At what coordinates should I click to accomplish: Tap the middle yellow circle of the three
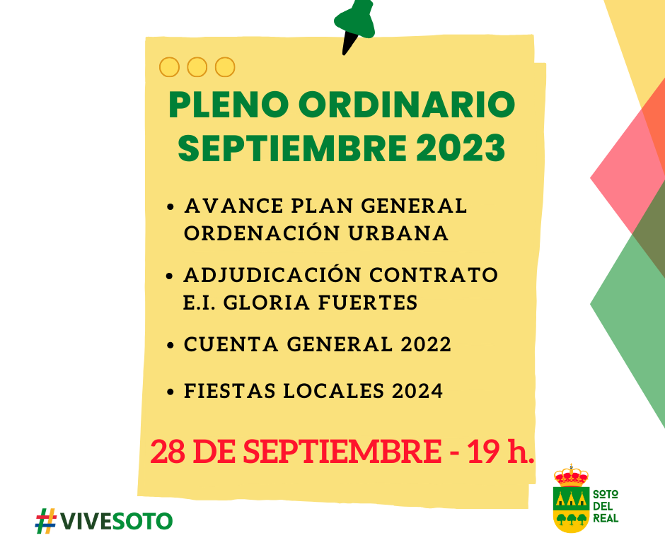click(x=197, y=67)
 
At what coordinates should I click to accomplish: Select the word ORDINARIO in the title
click(x=407, y=105)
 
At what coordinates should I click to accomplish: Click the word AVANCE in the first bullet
click(x=233, y=206)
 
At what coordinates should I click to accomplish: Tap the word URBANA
click(x=398, y=233)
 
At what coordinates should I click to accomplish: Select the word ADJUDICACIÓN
click(x=272, y=275)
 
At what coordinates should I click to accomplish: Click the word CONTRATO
click(x=434, y=275)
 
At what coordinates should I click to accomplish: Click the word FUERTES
click(x=368, y=303)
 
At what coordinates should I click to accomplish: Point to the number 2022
click(x=426, y=344)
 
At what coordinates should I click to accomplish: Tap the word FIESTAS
click(x=229, y=391)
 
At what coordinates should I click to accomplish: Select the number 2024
click(x=417, y=391)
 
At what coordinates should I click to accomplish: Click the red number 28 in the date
click(x=168, y=451)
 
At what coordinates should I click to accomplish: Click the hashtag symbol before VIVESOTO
click(x=46, y=521)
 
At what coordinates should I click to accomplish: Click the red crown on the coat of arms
click(x=572, y=476)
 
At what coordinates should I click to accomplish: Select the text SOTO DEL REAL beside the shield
click(x=606, y=506)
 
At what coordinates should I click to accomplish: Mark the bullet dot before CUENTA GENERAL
click(x=170, y=345)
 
